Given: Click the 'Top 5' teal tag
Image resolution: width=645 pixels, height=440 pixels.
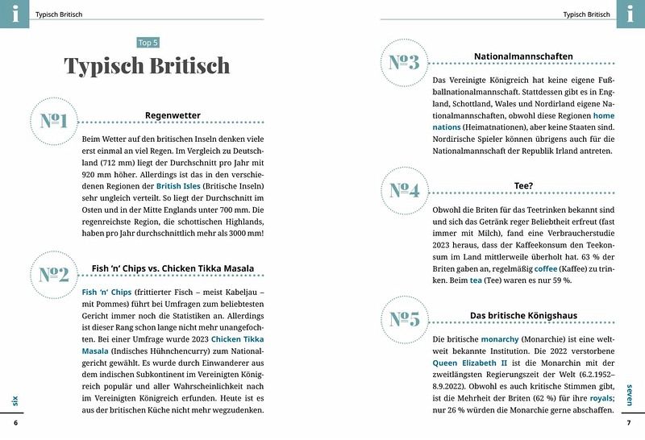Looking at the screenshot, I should [147, 43].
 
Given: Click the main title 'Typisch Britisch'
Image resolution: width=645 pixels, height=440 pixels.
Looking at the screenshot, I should [147, 66].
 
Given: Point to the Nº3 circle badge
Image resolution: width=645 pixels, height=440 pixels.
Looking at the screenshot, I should [404, 62].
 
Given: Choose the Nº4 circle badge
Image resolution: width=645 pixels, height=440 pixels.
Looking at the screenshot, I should [404, 190].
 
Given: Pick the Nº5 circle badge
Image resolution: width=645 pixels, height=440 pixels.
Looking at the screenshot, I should [404, 318].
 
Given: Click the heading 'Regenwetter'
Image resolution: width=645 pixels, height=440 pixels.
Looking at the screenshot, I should [173, 115].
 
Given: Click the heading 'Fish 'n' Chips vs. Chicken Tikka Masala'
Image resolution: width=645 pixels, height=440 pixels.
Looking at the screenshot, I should [173, 268].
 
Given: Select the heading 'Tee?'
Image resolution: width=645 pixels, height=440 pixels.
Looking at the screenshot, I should [522, 186].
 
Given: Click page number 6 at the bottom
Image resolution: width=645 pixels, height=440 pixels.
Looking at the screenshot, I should [15, 423].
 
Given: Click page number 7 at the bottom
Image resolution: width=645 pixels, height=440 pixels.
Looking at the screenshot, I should [629, 423].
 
